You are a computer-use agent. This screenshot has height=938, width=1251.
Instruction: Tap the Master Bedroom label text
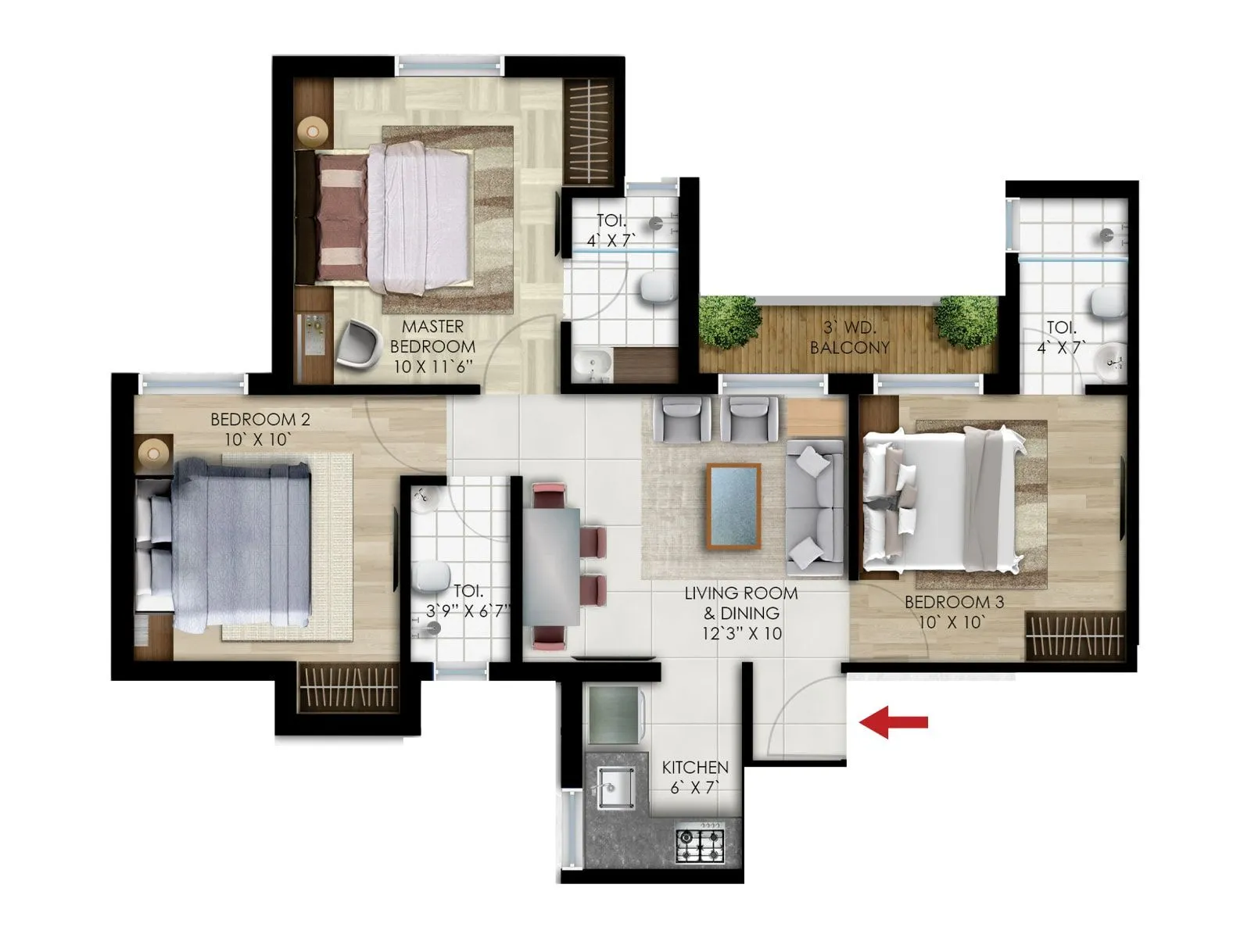(x=432, y=346)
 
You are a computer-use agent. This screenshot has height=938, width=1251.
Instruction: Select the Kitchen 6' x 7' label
(x=694, y=777)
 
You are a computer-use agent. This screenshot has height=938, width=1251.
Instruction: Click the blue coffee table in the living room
(x=733, y=506)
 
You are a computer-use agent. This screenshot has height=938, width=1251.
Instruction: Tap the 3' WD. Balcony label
(x=849, y=338)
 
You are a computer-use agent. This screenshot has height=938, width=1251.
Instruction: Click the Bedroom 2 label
(x=260, y=429)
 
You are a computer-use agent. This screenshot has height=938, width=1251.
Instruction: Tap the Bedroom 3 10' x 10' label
(x=953, y=612)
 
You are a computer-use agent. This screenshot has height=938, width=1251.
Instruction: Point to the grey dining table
(x=552, y=567)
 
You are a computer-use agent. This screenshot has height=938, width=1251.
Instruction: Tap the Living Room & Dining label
(x=740, y=613)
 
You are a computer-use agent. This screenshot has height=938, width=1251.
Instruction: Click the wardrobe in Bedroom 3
(x=1074, y=635)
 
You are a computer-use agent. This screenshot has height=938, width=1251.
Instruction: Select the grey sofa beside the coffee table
(x=815, y=506)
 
